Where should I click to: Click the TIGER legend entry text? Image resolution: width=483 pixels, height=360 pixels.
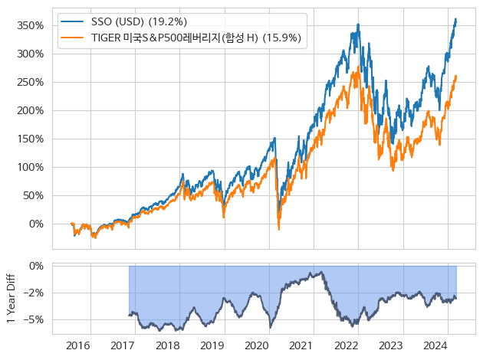click(x=196, y=38)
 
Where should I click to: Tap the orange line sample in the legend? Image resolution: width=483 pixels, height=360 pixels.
click(x=74, y=38)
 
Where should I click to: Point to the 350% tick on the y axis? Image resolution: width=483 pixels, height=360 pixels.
click(x=33, y=25)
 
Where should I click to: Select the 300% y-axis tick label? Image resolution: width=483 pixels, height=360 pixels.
click(x=33, y=54)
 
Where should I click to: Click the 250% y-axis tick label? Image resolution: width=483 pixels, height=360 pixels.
click(x=33, y=82)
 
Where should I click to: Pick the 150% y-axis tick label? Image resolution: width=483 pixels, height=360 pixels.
click(x=33, y=139)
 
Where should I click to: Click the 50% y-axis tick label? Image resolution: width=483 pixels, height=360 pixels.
click(x=35, y=195)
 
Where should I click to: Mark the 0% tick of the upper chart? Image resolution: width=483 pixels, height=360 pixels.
click(x=38, y=224)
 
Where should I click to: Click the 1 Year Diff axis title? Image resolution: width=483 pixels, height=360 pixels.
click(x=11, y=298)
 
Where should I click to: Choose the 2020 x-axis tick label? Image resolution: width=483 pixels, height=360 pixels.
click(x=258, y=345)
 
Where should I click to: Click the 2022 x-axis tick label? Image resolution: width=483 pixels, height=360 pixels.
click(x=347, y=345)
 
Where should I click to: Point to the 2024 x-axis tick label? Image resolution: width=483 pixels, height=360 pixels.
click(x=435, y=345)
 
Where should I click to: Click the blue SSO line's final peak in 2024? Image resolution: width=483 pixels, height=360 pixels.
click(x=456, y=19)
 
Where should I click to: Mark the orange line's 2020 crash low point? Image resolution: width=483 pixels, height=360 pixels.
click(x=279, y=229)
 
